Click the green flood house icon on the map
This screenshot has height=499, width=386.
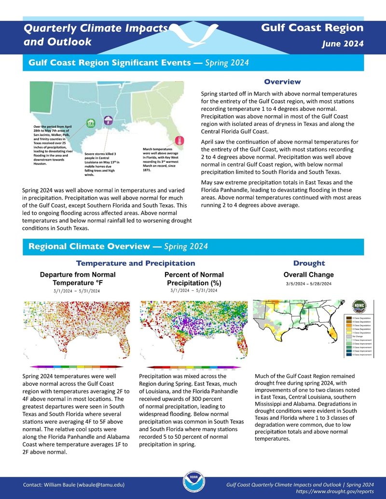pyautogui.click(x=90, y=123)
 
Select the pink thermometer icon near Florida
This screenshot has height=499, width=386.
pyautogui.click(x=179, y=141)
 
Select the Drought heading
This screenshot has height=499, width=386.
pyautogui.click(x=309, y=263)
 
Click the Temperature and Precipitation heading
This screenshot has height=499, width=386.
pyautogui.click(x=136, y=263)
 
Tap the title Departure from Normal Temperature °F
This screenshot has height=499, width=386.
pyautogui.click(x=77, y=279)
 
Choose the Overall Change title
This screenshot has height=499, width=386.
pyautogui.click(x=308, y=275)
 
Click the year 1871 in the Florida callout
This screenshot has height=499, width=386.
pyautogui.click(x=148, y=171)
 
